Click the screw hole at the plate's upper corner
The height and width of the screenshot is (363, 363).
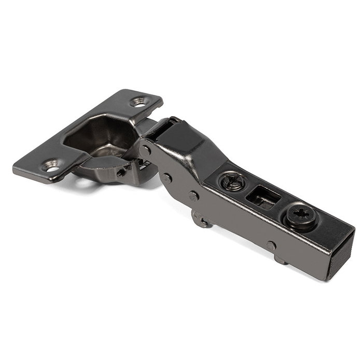click(x=139, y=102)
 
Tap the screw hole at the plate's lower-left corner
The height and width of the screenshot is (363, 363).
click(x=52, y=167)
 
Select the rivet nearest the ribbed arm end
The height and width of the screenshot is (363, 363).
click(x=271, y=245)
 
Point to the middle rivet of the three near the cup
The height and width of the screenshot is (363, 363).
click(x=166, y=177)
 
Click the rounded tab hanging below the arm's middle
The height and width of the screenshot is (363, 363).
click(x=202, y=219)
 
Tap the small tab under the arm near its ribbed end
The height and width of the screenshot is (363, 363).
click(x=281, y=259)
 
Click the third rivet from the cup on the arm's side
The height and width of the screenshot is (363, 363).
click(x=193, y=196)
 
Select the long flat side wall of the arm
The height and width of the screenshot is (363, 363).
click(x=233, y=223)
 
